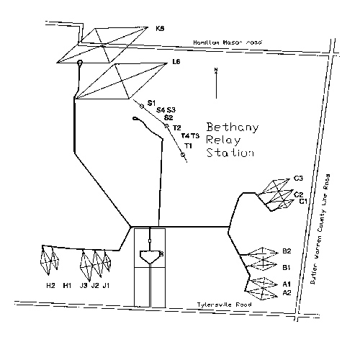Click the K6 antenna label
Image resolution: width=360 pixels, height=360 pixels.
pyautogui.click(x=160, y=29)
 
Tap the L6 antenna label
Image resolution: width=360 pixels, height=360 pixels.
pyautogui.click(x=176, y=62)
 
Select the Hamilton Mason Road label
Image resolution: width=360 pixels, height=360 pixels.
pyautogui.click(x=228, y=42)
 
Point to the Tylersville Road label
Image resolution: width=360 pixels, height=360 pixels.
pyautogui.click(x=225, y=305)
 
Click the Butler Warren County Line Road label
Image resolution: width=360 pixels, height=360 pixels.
pyautogui.click(x=320, y=229)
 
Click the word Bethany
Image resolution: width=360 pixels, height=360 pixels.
pyautogui.click(x=233, y=127)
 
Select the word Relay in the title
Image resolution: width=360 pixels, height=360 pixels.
pyautogui.click(x=223, y=140)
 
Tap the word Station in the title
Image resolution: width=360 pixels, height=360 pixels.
pyautogui.click(x=230, y=153)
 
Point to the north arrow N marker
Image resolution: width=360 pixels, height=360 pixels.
pyautogui.click(x=216, y=70)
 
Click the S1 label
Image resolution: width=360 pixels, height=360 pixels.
pyautogui.click(x=151, y=103)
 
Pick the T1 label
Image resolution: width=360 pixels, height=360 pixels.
pyautogui.click(x=189, y=145)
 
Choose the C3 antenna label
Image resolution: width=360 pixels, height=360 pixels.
pyautogui.click(x=298, y=179)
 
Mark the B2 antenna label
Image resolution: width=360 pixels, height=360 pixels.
pyautogui.click(x=287, y=251)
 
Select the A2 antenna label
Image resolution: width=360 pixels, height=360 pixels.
pyautogui.click(x=287, y=292)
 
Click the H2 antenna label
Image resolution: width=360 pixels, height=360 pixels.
pyautogui.click(x=50, y=285)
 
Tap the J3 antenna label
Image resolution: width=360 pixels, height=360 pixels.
pyautogui.click(x=84, y=285)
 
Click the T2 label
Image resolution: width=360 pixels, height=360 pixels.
pyautogui.click(x=177, y=128)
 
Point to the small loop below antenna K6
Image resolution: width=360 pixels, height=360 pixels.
pyautogui.click(x=80, y=63)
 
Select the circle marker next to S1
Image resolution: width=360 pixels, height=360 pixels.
pyautogui.click(x=142, y=106)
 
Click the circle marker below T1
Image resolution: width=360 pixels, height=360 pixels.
pyautogui.click(x=183, y=155)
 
